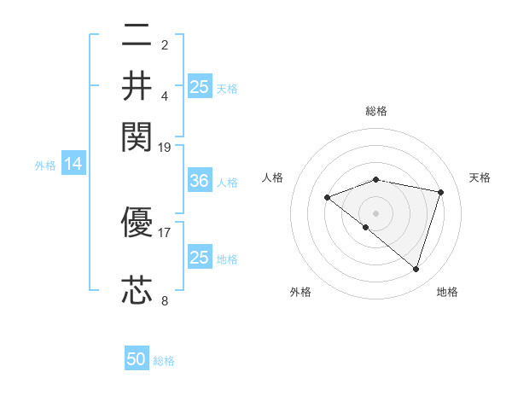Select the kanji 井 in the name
[x=137, y=85]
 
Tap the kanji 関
[x=137, y=135]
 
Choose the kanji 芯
[x=137, y=291]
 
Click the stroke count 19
[x=165, y=147]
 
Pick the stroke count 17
[x=165, y=231]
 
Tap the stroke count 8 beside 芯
[x=165, y=300]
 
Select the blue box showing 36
[x=199, y=182]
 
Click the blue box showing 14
[x=73, y=165]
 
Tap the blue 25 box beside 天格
[x=199, y=86]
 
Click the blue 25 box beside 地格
[x=199, y=258]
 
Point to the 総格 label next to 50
[x=164, y=361]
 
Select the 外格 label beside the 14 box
[x=45, y=166]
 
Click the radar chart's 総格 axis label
[x=376, y=111]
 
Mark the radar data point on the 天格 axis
[x=441, y=193]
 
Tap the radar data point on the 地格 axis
[x=416, y=270]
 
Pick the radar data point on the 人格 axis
[x=327, y=198]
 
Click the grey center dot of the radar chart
[x=376, y=213]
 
